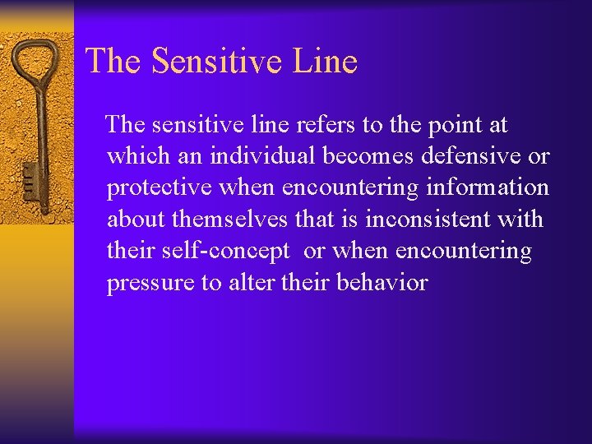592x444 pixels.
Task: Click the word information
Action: [488, 187]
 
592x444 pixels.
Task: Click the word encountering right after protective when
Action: [350, 188]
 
